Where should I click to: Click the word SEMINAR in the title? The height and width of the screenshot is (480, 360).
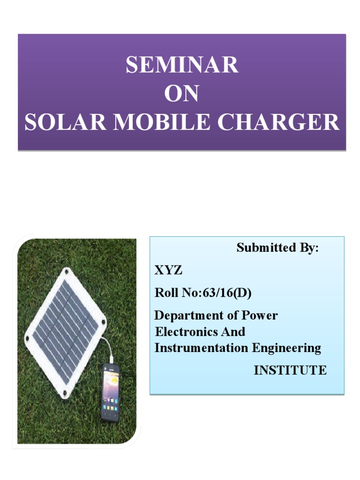coord(182,66)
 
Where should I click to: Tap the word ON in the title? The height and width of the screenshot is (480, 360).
coord(182,94)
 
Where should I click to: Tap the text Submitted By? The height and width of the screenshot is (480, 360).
coord(277,248)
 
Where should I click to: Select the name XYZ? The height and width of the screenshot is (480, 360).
coord(168,271)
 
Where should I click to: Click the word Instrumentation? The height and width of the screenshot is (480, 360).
coord(202,348)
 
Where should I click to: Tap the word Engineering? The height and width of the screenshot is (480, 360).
coord(287,348)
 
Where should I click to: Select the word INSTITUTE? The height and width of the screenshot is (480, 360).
coord(290,370)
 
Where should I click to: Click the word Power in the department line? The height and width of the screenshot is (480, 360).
coord(259,315)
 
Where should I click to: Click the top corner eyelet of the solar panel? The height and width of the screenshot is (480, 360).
coord(67,271)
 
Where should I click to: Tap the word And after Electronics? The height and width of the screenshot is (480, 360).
coord(234,332)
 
